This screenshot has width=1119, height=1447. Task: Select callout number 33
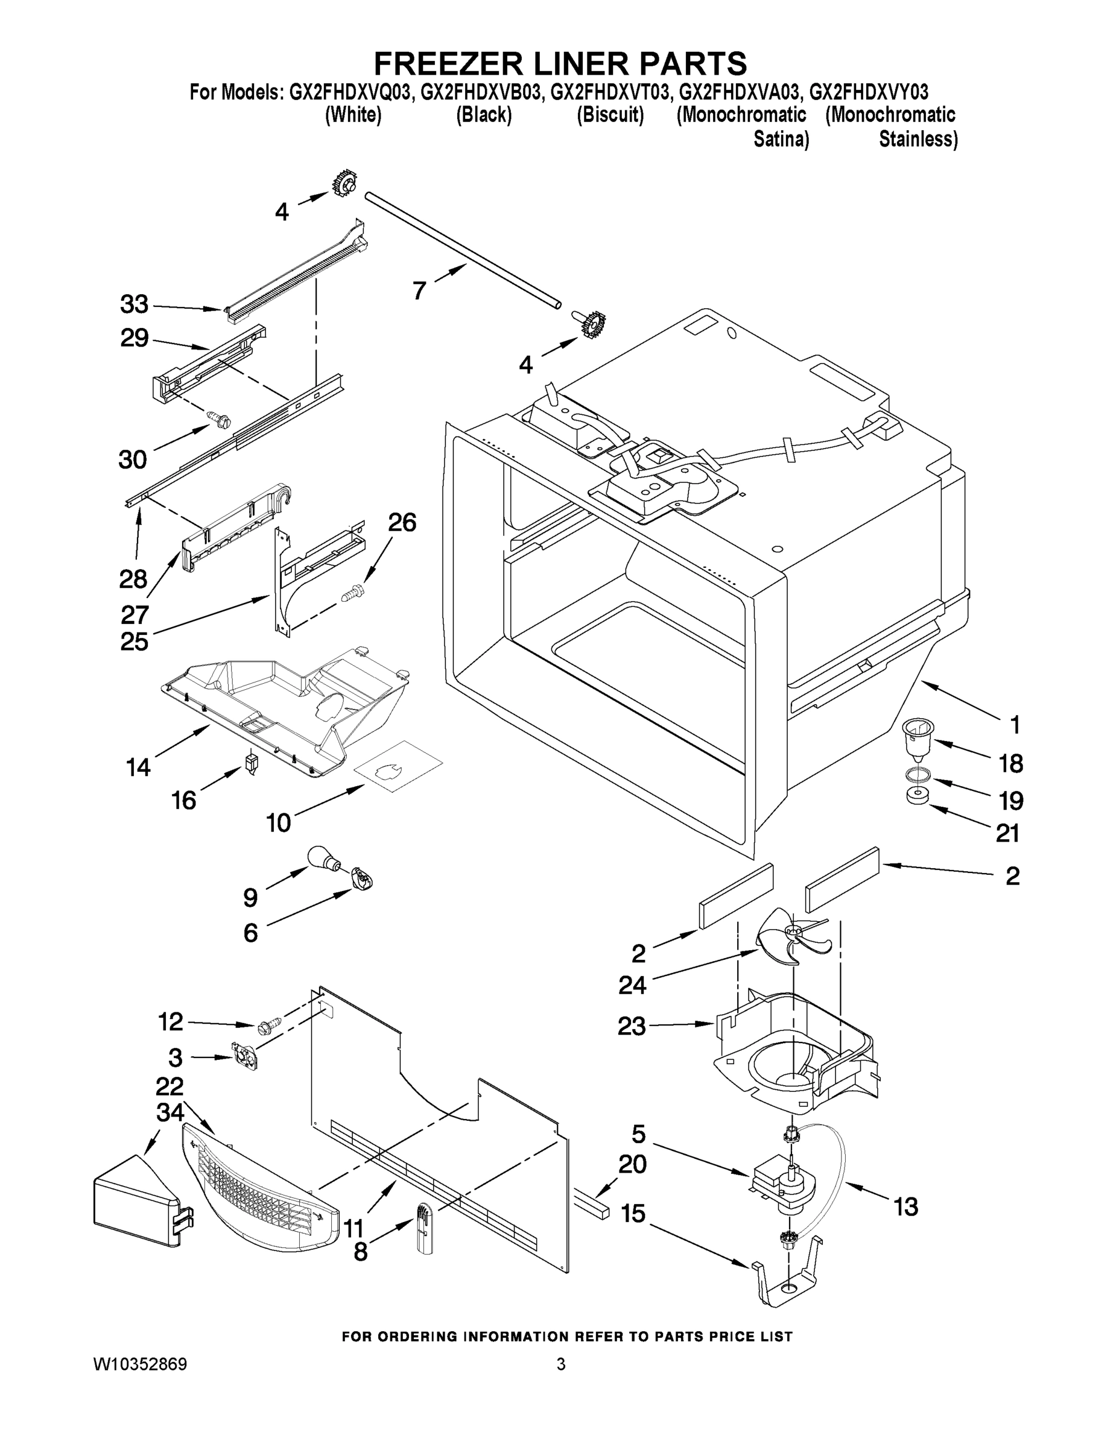(134, 304)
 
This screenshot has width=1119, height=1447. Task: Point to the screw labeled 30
(221, 419)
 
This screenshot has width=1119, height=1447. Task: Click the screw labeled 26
(353, 590)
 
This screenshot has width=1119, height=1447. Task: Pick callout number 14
(138, 768)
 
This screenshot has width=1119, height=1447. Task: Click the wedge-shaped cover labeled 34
(136, 1197)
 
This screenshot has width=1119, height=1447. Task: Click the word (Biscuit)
(610, 115)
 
